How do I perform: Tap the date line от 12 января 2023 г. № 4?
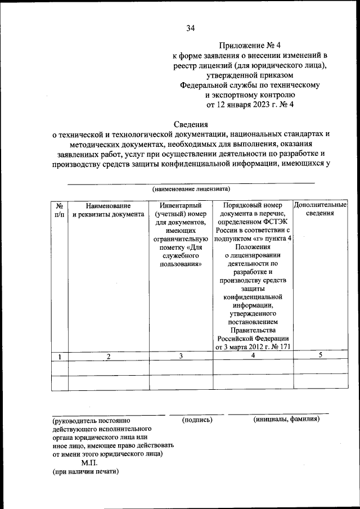(x=250, y=104)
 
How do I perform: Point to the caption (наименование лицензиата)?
(x=191, y=189)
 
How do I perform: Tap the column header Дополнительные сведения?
(x=321, y=209)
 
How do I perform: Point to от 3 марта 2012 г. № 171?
(x=253, y=347)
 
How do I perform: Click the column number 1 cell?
(x=59, y=356)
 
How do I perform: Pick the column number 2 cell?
(x=109, y=356)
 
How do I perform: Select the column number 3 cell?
(x=181, y=356)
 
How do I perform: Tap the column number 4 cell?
(x=253, y=356)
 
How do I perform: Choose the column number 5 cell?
(x=320, y=355)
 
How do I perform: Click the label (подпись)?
(x=197, y=420)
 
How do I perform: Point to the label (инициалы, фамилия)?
(x=286, y=420)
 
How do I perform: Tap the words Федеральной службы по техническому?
(x=250, y=85)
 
